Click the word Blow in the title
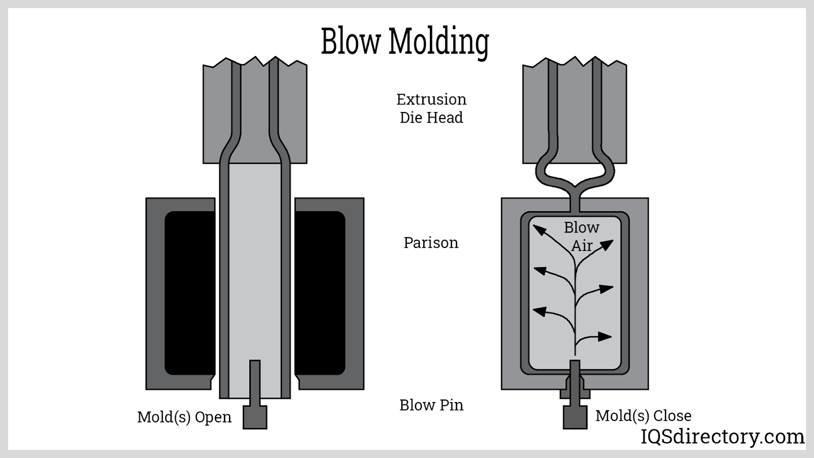[x=351, y=41]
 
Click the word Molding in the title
[x=439, y=42]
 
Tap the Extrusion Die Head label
[x=431, y=108]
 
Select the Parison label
[x=431, y=243]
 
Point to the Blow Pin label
[x=431, y=405]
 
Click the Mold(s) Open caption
[x=184, y=417]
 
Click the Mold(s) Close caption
[x=643, y=416]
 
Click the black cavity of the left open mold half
[x=190, y=293]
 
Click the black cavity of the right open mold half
[x=320, y=293]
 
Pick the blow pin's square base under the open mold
[x=255, y=417]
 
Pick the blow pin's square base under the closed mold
[x=575, y=417]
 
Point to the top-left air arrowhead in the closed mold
[x=538, y=230]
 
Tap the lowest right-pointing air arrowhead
[x=605, y=336]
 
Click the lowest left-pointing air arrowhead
[x=539, y=311]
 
